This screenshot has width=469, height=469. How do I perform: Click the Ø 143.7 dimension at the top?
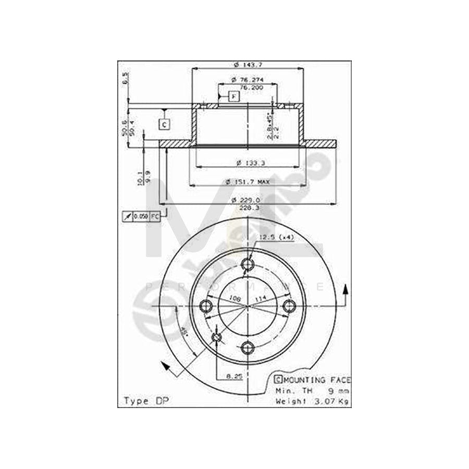[247, 65]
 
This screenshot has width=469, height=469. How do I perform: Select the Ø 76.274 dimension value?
[247, 80]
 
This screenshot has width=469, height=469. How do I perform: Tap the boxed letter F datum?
[233, 96]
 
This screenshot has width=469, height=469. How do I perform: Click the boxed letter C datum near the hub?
[164, 124]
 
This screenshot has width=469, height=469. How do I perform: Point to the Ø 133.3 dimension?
[247, 163]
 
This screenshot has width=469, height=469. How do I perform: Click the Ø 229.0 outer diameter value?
[247, 200]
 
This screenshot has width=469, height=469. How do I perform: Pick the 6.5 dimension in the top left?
[125, 78]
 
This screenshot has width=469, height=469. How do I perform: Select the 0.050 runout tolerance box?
[141, 216]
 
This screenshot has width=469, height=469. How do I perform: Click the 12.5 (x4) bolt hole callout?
[276, 238]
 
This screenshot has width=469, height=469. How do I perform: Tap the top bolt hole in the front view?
[248, 265]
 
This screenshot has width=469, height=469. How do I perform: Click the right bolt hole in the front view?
[288, 306]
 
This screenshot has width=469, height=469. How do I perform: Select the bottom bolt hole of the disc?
[248, 347]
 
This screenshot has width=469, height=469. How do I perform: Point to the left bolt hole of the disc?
[207, 306]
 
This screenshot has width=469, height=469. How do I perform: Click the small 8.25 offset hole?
[217, 339]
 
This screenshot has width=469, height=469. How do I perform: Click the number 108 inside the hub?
[234, 299]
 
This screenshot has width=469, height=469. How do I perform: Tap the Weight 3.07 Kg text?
[313, 401]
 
